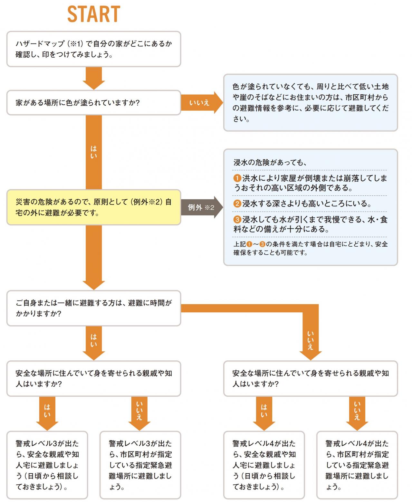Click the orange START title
pos(93,14)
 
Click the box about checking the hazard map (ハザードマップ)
pos(93,49)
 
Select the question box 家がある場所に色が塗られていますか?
pos(93,103)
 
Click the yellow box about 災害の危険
pos(93,207)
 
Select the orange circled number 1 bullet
pos(237,178)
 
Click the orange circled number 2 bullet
pos(237,204)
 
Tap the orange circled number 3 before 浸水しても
pos(237,220)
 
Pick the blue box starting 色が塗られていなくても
pos(310,103)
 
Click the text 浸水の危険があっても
pos(270,162)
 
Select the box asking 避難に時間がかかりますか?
pos(93,308)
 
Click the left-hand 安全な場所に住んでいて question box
pos(93,378)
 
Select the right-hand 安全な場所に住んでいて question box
pos(310,378)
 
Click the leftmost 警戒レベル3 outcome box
pos(47,465)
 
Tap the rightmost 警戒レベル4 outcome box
pos(357,465)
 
